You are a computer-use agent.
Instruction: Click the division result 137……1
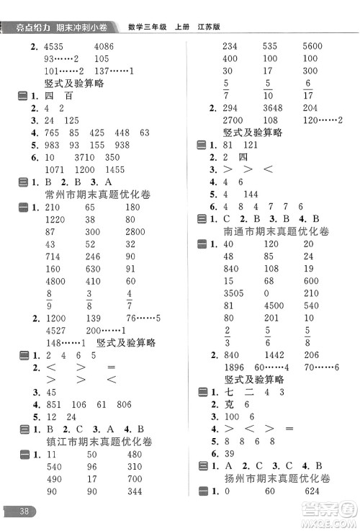pyautogui.click(x=114, y=71)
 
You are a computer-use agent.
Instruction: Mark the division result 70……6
pyautogui.click(x=322, y=367)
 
